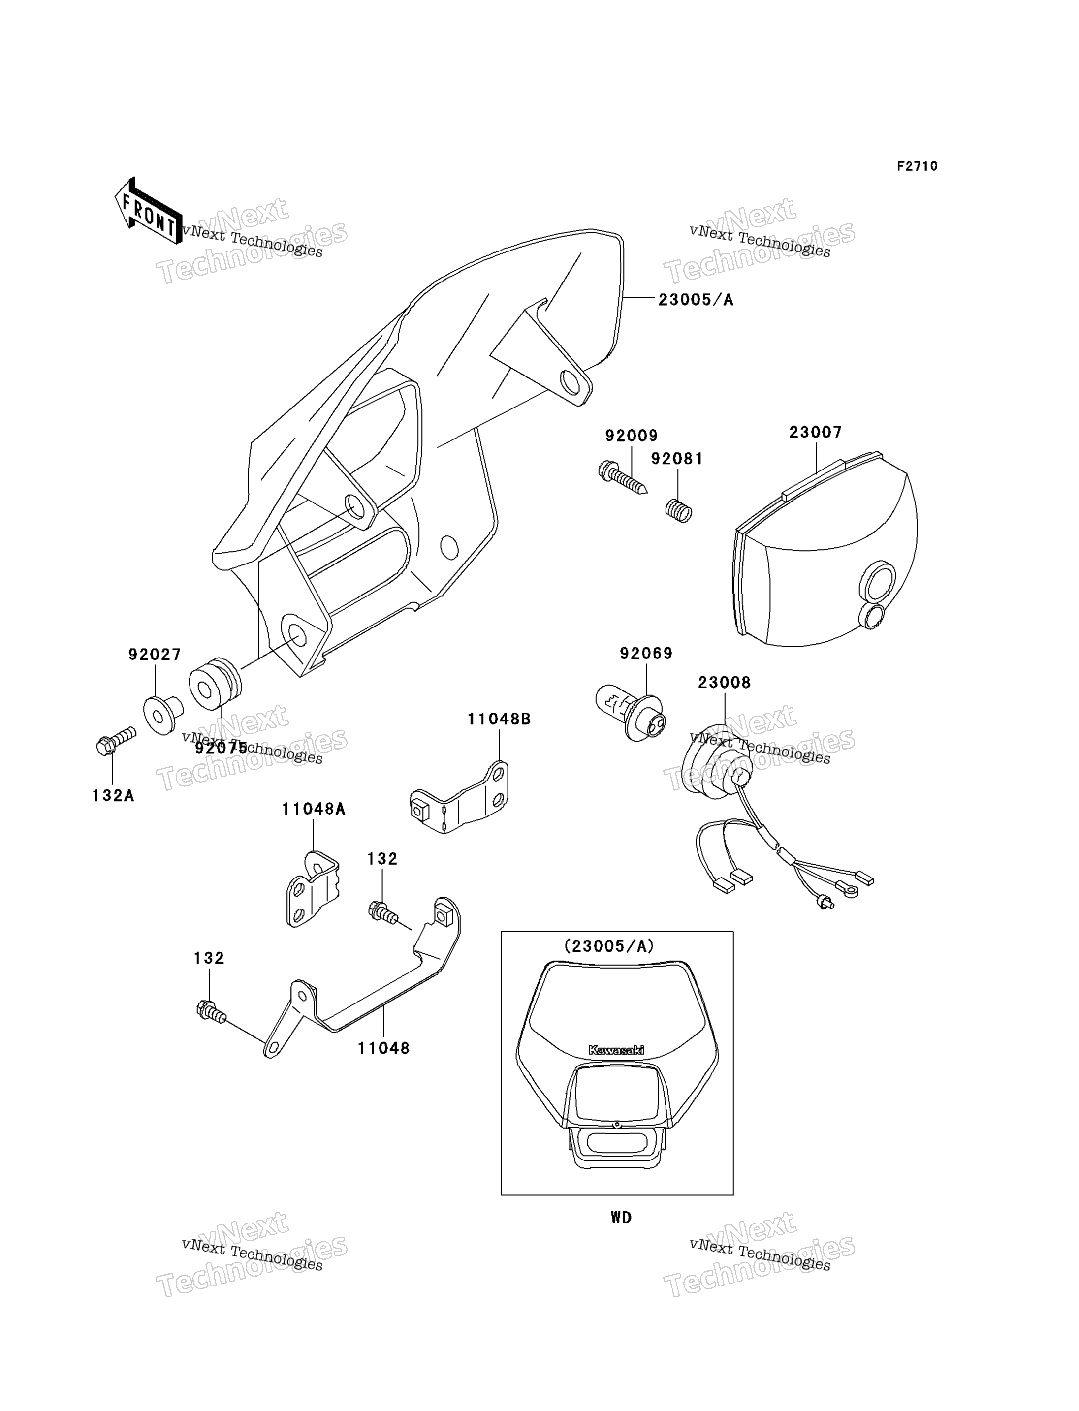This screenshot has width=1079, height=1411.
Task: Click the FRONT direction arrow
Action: pyautogui.click(x=148, y=211)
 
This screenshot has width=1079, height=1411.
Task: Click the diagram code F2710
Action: pyautogui.click(x=917, y=166)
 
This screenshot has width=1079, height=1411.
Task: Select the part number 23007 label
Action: pyautogui.click(x=816, y=432)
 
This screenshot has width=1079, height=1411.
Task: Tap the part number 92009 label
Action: pyautogui.click(x=632, y=436)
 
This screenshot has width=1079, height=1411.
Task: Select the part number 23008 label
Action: pyautogui.click(x=725, y=682)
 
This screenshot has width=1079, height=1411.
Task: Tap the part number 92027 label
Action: pyautogui.click(x=155, y=655)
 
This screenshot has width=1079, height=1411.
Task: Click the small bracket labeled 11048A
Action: pyautogui.click(x=312, y=889)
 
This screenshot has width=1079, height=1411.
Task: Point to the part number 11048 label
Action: pyautogui.click(x=383, y=1048)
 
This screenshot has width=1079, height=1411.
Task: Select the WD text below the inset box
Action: pyautogui.click(x=621, y=1218)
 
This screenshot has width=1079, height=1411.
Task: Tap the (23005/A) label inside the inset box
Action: pyautogui.click(x=609, y=946)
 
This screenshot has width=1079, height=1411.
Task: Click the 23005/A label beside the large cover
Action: pyautogui.click(x=696, y=299)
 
